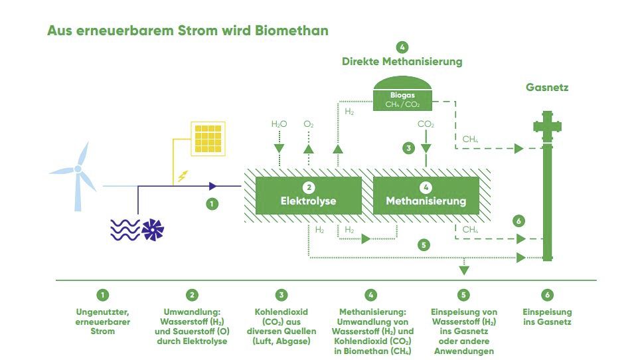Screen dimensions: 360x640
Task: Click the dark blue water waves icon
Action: click(125, 230)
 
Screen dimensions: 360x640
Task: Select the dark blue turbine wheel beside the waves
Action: click(153, 230)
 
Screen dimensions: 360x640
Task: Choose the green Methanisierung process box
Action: click(426, 195)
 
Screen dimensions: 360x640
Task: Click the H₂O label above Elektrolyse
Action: click(278, 124)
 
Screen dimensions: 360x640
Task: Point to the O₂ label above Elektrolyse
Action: click(308, 124)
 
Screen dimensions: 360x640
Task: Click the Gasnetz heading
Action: click(547, 87)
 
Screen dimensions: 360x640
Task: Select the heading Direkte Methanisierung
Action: click(402, 62)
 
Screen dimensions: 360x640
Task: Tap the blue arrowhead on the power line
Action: click(213, 187)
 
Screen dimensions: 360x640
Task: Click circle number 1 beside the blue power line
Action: click(212, 205)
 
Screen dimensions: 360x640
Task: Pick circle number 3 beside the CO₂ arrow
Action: click(408, 148)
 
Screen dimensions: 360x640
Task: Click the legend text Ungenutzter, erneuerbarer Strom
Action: click(102, 321)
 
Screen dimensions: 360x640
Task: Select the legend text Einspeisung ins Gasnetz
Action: click(546, 317)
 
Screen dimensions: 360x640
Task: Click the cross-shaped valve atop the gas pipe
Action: click(547, 126)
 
